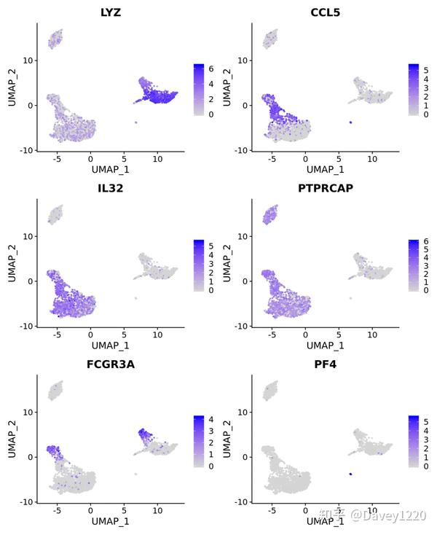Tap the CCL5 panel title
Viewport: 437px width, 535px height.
326,12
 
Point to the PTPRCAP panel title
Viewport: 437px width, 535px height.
326,189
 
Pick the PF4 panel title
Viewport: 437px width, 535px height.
326,364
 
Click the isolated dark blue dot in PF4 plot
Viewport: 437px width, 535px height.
350,475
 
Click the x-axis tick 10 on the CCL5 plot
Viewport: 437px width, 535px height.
372,158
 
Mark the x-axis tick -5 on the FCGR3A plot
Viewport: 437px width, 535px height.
57,510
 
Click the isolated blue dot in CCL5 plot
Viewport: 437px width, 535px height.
350,122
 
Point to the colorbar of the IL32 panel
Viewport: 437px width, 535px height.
199,266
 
